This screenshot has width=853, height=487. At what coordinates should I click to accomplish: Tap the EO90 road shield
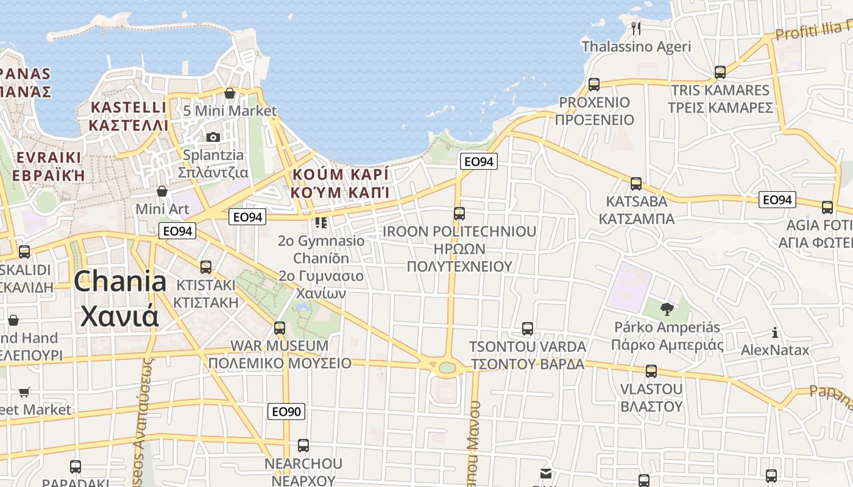click(x=286, y=412)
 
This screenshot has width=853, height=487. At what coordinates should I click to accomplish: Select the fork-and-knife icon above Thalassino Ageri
click(x=636, y=28)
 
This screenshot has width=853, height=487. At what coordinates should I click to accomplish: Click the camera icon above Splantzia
click(x=213, y=137)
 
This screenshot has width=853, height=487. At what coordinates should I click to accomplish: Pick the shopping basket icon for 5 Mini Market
click(x=230, y=93)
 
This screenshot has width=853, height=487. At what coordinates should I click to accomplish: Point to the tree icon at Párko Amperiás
click(x=667, y=309)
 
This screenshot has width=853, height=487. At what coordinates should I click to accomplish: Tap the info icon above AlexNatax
click(x=774, y=332)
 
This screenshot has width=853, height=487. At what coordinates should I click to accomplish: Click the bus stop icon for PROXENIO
click(x=594, y=85)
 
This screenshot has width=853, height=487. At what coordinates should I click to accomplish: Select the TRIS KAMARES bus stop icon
click(x=720, y=72)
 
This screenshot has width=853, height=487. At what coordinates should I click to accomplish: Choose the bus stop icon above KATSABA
click(x=636, y=183)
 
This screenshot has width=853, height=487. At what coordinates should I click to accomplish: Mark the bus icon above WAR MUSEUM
click(x=280, y=328)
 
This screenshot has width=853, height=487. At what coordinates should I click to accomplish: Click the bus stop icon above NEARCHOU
click(x=303, y=446)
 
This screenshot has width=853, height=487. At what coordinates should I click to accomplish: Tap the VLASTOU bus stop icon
click(x=651, y=371)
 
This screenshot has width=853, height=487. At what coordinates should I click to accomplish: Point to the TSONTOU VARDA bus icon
click(x=528, y=329)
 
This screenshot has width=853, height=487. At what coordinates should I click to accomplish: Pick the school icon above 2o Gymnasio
click(x=321, y=223)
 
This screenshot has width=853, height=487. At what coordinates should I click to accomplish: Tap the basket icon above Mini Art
click(x=162, y=191)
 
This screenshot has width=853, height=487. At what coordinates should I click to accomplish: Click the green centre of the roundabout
click(x=447, y=367)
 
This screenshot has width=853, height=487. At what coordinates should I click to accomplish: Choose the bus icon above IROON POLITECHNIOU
click(x=459, y=214)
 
